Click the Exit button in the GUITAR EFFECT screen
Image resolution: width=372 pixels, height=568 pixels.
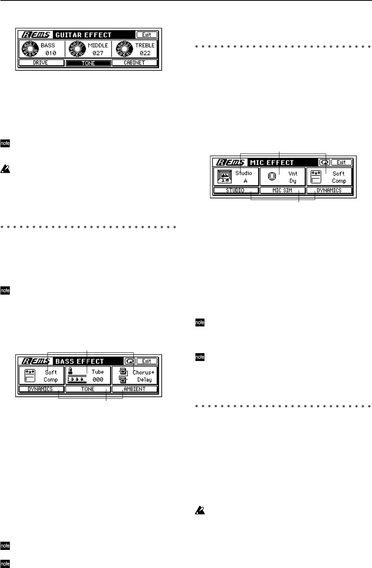(x=147, y=35)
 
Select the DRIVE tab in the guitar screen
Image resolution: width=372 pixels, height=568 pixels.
(x=41, y=63)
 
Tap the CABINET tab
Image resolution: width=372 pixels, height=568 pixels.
(x=135, y=63)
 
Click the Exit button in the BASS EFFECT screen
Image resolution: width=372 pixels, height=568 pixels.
(x=147, y=361)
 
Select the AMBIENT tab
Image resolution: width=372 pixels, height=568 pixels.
(x=135, y=389)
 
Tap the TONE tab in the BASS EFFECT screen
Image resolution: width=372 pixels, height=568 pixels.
(x=88, y=389)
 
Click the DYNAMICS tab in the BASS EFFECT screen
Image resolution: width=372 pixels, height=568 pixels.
(x=41, y=389)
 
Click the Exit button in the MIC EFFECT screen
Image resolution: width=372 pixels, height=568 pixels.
(x=341, y=162)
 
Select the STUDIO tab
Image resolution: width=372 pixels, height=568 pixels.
(x=236, y=191)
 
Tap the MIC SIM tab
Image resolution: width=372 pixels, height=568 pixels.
(x=283, y=191)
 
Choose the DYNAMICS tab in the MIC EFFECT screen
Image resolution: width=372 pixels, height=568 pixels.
(x=329, y=191)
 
